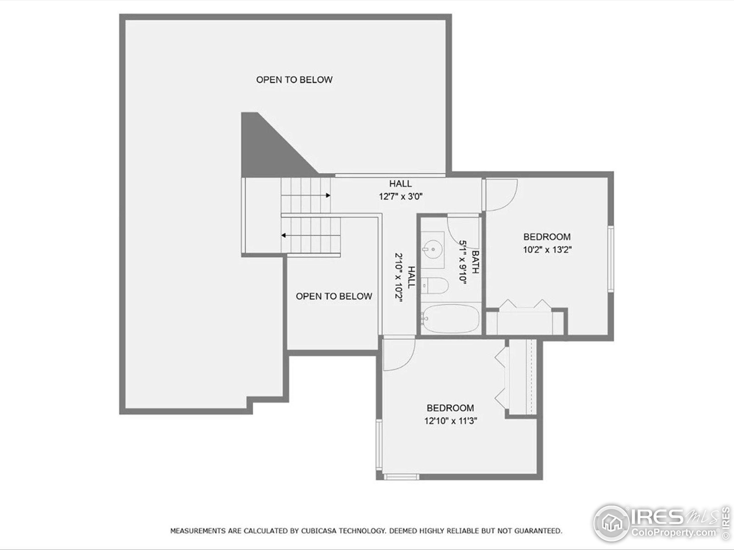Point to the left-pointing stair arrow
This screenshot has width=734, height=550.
(284, 235)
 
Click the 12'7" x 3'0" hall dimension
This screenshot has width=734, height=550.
(401, 197)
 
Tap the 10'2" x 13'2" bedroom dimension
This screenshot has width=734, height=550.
(547, 250)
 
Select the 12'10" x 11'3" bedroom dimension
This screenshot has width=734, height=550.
(450, 421)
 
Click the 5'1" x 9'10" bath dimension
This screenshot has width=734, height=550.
(463, 262)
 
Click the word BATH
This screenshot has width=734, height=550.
(475, 262)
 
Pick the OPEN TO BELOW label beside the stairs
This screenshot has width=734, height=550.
(333, 296)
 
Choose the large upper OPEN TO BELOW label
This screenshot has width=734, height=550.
(294, 80)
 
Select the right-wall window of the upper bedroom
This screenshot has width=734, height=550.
(610, 259)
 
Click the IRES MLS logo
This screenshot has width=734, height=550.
(660, 523)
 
